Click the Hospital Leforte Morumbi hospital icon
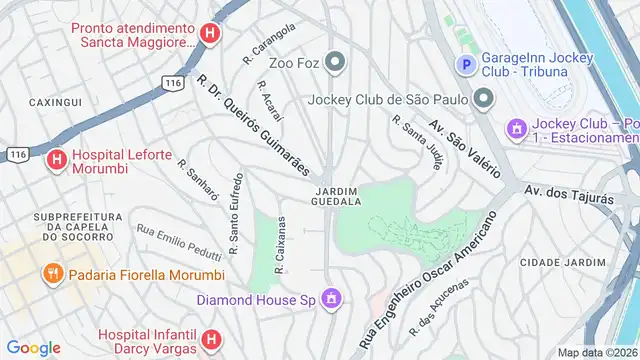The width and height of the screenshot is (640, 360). [x=56, y=159]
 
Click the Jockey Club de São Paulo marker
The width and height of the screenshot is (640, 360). [x=484, y=98]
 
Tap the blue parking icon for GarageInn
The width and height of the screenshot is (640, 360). [x=465, y=65]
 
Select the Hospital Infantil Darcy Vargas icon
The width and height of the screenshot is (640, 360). [x=210, y=341]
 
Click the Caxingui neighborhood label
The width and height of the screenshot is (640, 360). [x=54, y=103]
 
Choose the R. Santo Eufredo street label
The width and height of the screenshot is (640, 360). [x=236, y=214]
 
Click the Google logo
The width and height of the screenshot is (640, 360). [x=34, y=347]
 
